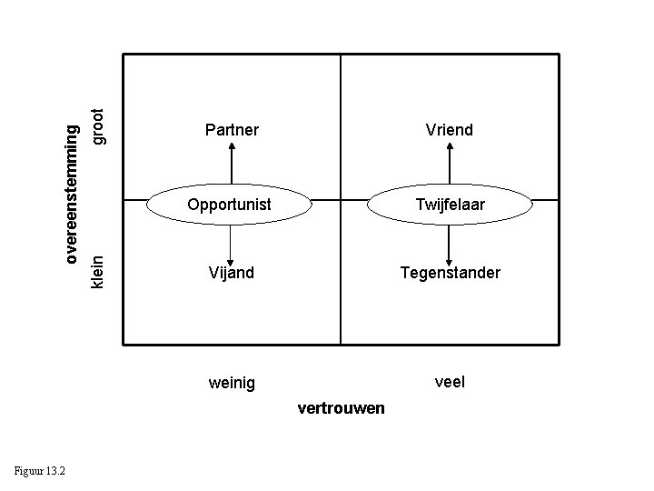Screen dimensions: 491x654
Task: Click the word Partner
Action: [232, 131]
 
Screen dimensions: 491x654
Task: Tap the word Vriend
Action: [449, 131]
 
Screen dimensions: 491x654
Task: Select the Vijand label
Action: [231, 273]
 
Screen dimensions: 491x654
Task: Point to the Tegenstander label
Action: [451, 273]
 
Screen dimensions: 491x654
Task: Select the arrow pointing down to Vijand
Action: [232, 243]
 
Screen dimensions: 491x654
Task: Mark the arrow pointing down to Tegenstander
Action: [450, 243]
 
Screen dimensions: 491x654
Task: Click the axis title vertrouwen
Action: [341, 408]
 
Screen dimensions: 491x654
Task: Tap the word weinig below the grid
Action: [232, 383]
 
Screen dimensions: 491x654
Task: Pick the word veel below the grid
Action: [450, 382]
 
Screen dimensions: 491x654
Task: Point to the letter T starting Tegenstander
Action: [406, 273]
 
